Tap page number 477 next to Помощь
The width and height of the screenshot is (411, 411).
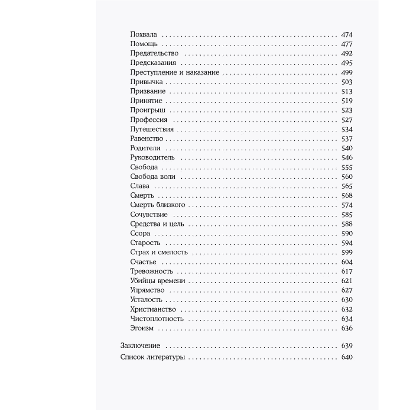click(347, 44)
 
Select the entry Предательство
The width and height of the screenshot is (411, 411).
click(154, 53)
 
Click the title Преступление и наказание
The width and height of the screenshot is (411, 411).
click(174, 72)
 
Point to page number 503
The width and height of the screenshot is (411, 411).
click(347, 82)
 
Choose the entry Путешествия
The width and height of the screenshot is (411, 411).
click(152, 129)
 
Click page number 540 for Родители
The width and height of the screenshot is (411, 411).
click(347, 148)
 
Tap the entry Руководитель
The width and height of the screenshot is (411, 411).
click(152, 157)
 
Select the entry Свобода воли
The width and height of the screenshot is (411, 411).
click(152, 176)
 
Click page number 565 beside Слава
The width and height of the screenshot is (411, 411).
click(347, 186)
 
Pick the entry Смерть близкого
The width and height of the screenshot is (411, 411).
click(157, 205)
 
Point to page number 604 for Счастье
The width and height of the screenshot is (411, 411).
click(347, 262)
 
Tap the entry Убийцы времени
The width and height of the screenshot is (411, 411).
click(157, 281)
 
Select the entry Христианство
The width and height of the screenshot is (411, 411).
click(153, 309)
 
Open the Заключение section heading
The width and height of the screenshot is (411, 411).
click(140, 346)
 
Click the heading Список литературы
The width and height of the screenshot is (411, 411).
click(152, 357)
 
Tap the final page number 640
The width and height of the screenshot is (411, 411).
click(347, 357)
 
